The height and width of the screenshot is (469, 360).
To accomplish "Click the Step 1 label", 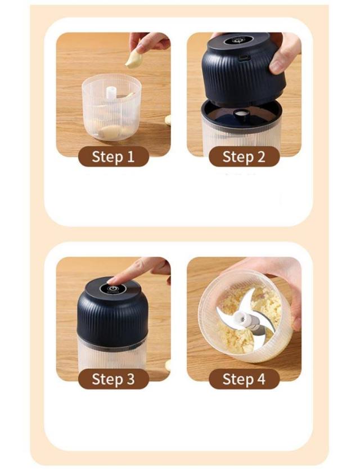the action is click(x=113, y=157).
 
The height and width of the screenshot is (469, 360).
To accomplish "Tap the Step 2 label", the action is click(x=244, y=157).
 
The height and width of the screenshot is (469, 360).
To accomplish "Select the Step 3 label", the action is click(x=113, y=379).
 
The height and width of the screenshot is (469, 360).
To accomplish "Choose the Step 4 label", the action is click(x=244, y=379).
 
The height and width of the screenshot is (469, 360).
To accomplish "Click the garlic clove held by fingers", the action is click(x=133, y=59).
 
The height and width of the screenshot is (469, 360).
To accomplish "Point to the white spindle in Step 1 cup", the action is click(x=111, y=93).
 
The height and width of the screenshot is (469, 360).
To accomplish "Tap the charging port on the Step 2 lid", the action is click(x=245, y=57).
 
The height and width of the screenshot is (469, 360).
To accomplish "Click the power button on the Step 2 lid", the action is click(x=238, y=40).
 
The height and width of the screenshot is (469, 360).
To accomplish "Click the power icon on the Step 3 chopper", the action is click(x=116, y=289).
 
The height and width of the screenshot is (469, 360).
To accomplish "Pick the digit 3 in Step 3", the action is click(x=130, y=379).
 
